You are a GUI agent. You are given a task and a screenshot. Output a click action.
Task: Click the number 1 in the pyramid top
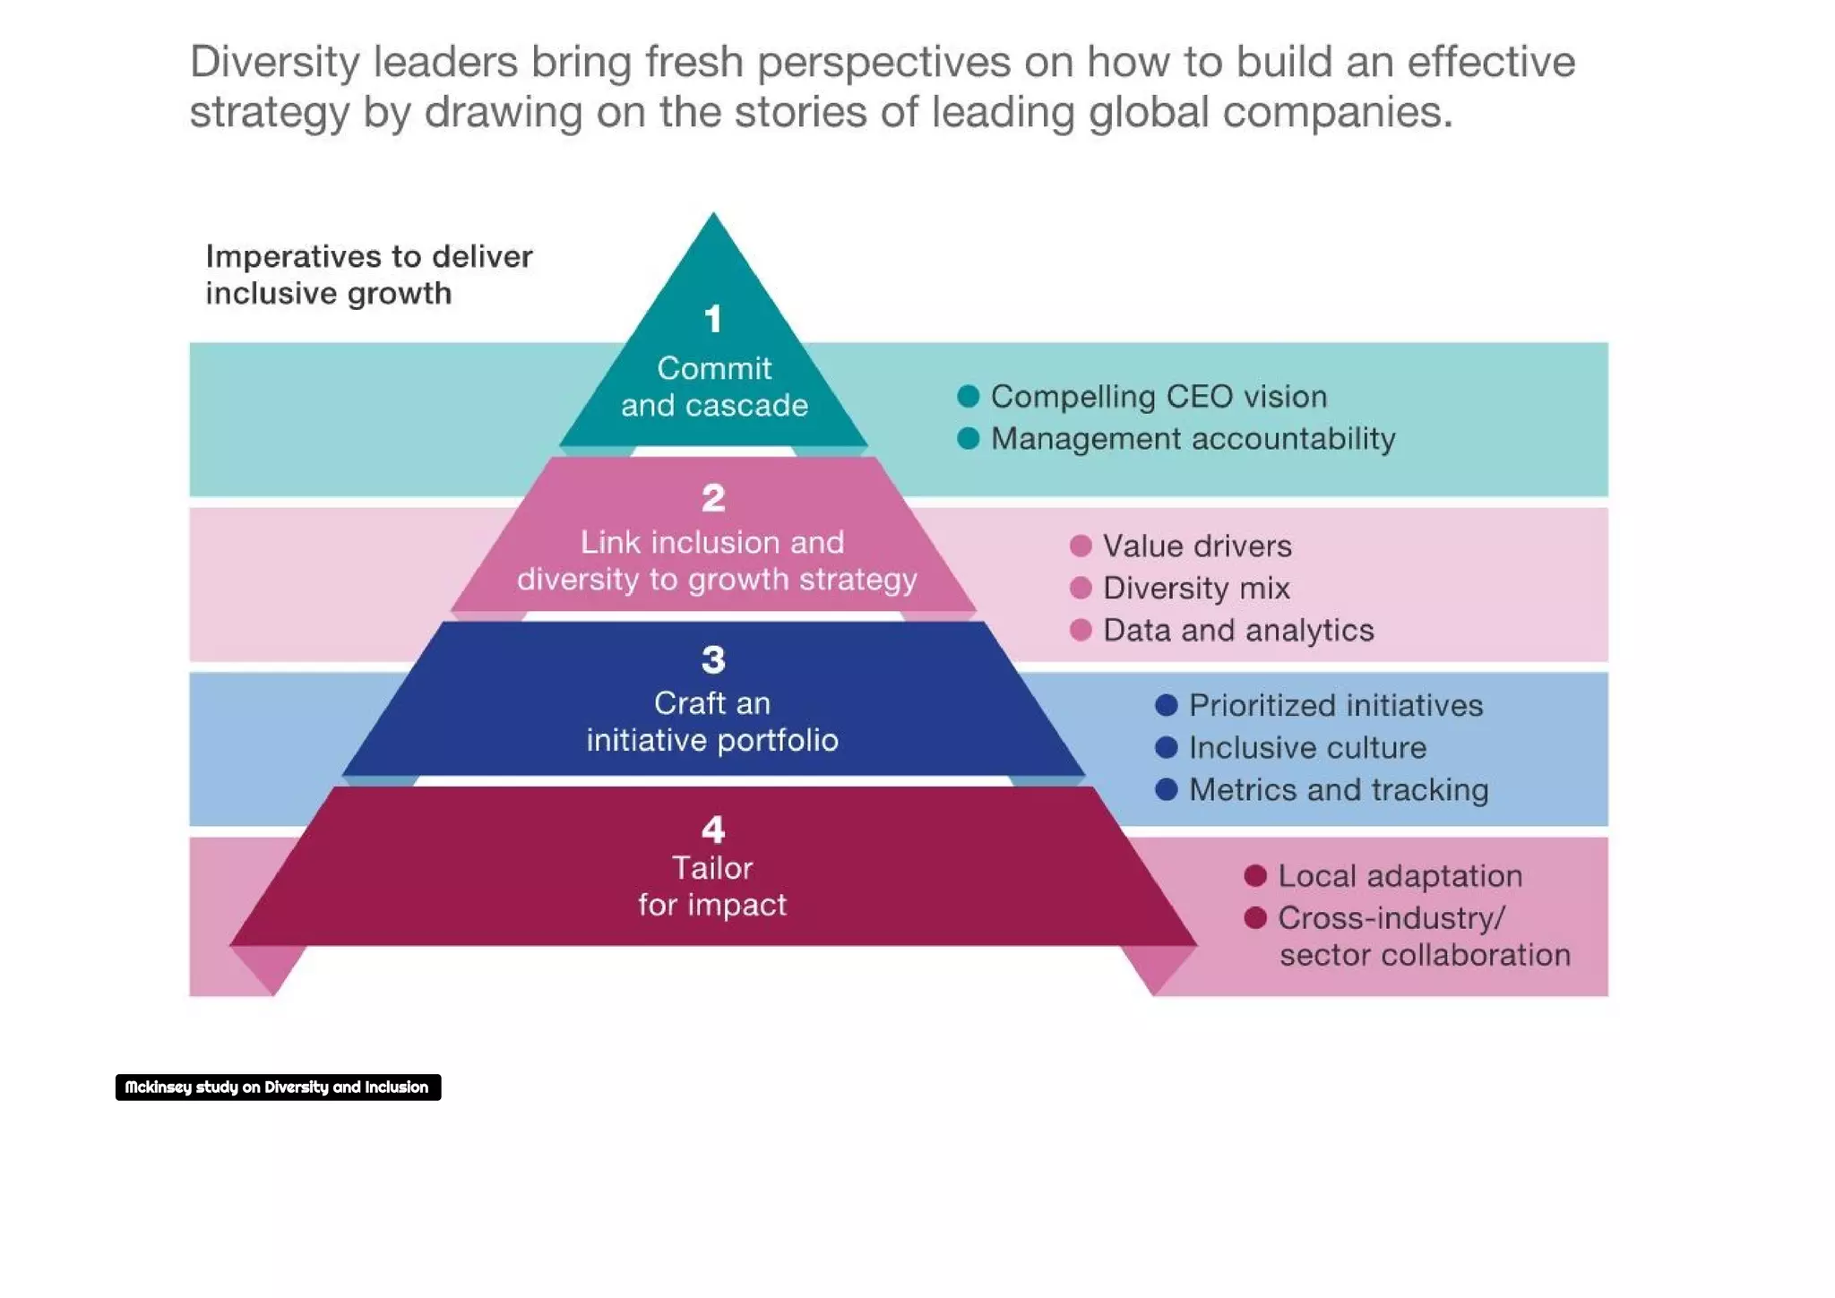pyautogui.click(x=712, y=319)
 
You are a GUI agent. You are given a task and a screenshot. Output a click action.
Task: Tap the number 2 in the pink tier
pyautogui.click(x=713, y=498)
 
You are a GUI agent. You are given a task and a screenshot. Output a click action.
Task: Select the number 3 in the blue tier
pyautogui.click(x=713, y=660)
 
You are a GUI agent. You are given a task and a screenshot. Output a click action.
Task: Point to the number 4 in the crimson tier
pyautogui.click(x=713, y=830)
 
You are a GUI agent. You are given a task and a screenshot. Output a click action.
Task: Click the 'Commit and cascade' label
pyautogui.click(x=714, y=386)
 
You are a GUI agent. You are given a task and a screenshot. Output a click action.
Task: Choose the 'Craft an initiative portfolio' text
pyautogui.click(x=712, y=721)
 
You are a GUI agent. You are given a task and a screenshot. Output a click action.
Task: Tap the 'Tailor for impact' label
pyautogui.click(x=712, y=886)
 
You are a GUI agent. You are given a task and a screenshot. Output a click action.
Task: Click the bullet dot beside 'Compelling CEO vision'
pyautogui.click(x=968, y=396)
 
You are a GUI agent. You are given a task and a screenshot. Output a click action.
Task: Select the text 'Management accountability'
pyautogui.click(x=1193, y=439)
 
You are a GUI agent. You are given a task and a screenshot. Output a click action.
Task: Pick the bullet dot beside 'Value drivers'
pyautogui.click(x=1081, y=546)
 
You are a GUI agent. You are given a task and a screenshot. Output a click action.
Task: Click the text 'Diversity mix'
pyautogui.click(x=1196, y=588)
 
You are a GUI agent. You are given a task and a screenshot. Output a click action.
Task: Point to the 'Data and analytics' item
pyautogui.click(x=1237, y=630)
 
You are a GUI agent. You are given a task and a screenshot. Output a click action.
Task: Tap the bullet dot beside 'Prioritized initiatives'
pyautogui.click(x=1166, y=705)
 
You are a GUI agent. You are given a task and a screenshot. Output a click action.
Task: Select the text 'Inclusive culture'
pyautogui.click(x=1307, y=747)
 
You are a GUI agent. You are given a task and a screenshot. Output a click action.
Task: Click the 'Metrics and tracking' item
pyautogui.click(x=1338, y=789)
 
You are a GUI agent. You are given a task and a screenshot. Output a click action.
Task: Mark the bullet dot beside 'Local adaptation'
pyautogui.click(x=1255, y=875)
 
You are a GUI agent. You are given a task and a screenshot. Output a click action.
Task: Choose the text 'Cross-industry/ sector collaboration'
pyautogui.click(x=1423, y=936)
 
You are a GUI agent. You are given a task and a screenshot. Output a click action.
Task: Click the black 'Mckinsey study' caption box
pyautogui.click(x=278, y=1087)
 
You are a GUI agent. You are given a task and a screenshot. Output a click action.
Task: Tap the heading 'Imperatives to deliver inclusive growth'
pyautogui.click(x=368, y=274)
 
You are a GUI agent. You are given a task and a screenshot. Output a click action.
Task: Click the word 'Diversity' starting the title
pyautogui.click(x=274, y=62)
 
